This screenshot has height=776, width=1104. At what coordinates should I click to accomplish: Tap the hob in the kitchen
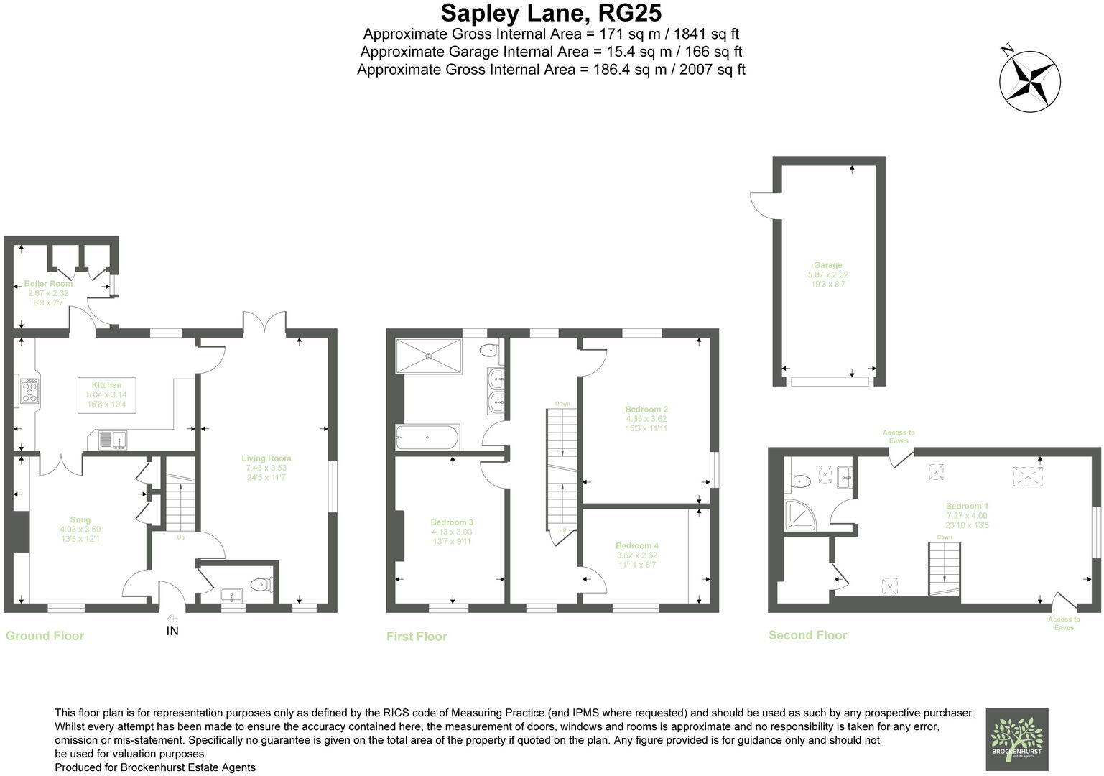point(30,392)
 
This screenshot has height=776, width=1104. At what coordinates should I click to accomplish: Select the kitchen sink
point(113,439)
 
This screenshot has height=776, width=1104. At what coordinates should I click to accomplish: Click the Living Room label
point(266,458)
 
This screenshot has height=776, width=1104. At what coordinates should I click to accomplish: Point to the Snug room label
point(80,520)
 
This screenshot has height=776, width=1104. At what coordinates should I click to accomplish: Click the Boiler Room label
point(48,284)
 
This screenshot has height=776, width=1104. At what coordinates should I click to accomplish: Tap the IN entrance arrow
point(172,618)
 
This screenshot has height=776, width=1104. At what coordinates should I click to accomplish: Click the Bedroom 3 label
point(452,522)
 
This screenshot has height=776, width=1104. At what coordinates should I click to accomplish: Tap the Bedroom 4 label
point(636,545)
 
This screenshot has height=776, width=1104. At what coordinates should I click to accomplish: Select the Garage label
point(827,265)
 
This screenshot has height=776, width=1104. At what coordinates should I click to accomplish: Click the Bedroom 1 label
point(967,506)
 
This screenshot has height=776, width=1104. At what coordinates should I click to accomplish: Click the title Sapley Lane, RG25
point(551,13)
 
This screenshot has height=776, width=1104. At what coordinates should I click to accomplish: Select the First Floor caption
point(417,637)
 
